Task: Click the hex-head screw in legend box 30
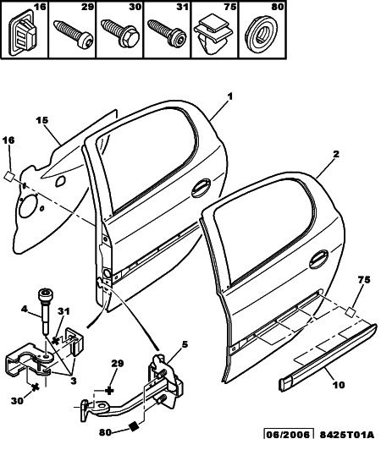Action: (x=120, y=34)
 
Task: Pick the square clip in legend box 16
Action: (x=24, y=34)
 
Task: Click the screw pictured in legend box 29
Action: (x=74, y=33)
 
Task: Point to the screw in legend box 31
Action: (x=167, y=33)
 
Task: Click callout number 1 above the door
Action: (x=229, y=96)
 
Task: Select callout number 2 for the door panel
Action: (x=336, y=154)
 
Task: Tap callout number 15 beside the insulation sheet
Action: (x=42, y=120)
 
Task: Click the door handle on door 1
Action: (x=202, y=189)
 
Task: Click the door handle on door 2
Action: (x=318, y=259)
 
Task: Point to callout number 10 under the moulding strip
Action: (x=338, y=385)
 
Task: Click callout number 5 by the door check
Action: (x=185, y=344)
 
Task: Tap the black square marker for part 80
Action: (x=134, y=426)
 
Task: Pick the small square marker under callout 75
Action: (x=351, y=311)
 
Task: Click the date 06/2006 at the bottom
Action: (x=288, y=435)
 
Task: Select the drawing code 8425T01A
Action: (x=347, y=435)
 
